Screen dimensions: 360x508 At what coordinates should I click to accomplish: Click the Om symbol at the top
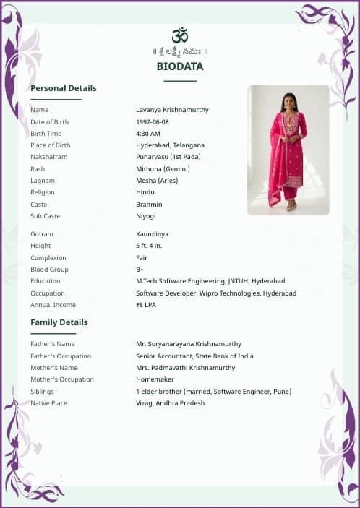(180, 35)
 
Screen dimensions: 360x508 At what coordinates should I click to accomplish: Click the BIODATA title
(180, 66)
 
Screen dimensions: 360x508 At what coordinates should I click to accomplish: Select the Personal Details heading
(63, 88)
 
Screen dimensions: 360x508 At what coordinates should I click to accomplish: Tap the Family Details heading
(59, 322)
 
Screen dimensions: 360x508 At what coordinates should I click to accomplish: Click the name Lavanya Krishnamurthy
(172, 110)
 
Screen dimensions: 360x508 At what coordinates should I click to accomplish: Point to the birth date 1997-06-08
(153, 122)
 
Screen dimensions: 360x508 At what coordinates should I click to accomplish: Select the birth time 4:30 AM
(148, 134)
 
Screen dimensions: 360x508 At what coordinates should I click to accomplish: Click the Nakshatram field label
(48, 157)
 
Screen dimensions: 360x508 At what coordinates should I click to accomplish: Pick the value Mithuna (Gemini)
(163, 169)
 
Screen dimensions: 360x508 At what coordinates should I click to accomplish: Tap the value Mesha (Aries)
(157, 181)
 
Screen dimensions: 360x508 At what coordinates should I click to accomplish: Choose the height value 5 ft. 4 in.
(149, 246)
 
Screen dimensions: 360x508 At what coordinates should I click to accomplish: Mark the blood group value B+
(140, 270)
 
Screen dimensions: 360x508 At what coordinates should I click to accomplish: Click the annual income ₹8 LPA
(146, 305)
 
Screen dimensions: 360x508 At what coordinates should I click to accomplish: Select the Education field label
(46, 281)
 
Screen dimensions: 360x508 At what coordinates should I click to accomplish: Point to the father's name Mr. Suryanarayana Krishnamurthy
(189, 344)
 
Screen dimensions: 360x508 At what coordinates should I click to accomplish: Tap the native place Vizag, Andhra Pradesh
(170, 403)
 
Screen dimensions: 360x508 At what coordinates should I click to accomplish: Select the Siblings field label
(42, 392)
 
